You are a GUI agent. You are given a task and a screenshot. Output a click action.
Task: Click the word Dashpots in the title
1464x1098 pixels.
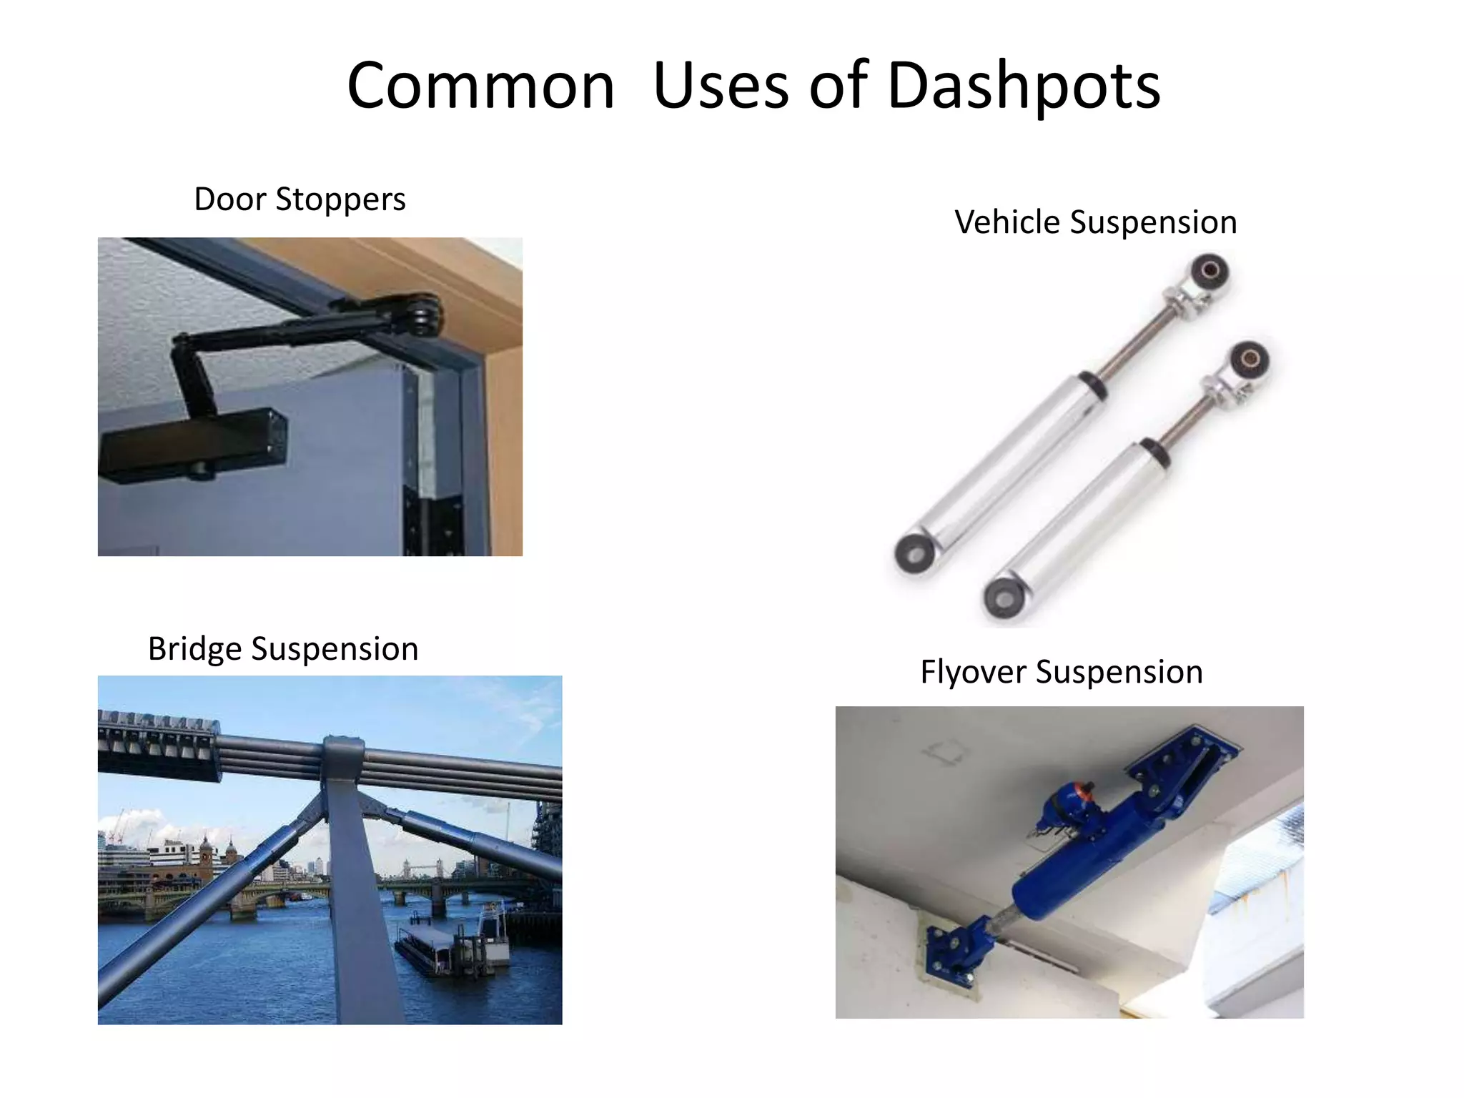[1023, 86]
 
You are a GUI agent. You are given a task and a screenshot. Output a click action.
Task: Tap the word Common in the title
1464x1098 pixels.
[480, 86]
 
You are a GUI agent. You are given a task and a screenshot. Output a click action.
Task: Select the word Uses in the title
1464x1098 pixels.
[721, 86]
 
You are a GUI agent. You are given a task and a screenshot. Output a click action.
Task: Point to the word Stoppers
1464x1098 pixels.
[340, 200]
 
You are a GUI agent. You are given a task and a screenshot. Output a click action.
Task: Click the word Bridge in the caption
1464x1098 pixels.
[194, 649]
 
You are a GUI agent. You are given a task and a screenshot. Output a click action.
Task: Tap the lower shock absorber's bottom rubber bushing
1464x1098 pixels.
[1002, 595]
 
